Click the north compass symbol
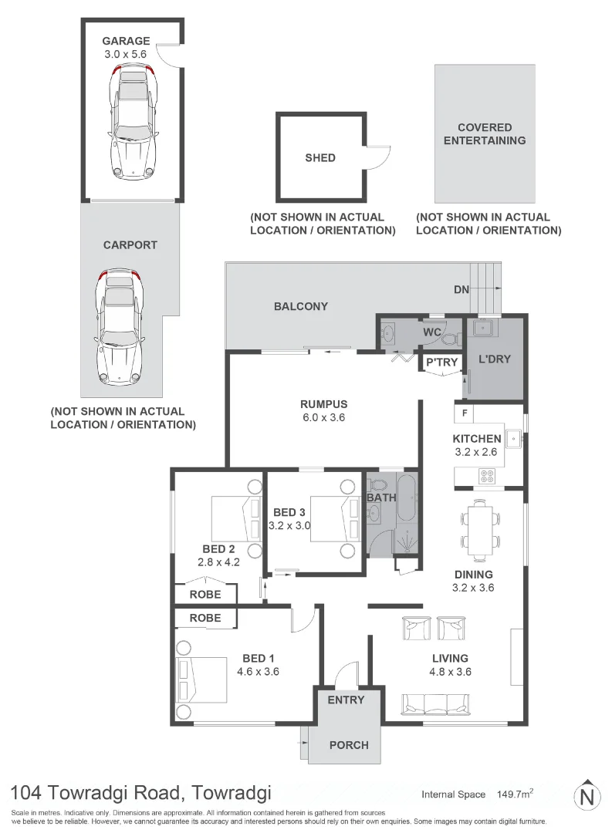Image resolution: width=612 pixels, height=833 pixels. point(588,794)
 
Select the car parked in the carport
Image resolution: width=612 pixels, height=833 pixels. point(118,329)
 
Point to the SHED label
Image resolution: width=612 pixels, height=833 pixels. point(320,157)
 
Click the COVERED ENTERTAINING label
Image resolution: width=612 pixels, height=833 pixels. point(485,133)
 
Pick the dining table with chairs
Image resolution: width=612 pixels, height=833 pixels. point(480,531)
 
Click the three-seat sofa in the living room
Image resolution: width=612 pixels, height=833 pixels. point(434,703)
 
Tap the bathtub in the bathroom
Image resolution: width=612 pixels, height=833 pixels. point(407,501)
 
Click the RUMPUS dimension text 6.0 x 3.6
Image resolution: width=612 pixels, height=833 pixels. point(324,417)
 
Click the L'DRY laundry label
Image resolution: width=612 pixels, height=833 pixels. point(495,359)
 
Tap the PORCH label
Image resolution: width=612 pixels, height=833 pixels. point(349,745)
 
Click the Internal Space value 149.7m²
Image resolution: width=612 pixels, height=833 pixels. point(516,794)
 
